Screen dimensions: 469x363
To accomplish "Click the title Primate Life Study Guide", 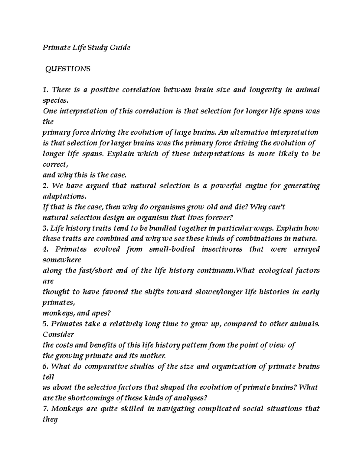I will [x=86, y=48].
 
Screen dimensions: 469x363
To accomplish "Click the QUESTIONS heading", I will [x=67, y=69].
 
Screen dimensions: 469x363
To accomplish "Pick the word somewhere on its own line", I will [x=62, y=260].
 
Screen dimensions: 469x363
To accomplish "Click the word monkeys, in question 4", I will [x=57, y=313].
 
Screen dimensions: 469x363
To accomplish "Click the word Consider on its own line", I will [x=58, y=335].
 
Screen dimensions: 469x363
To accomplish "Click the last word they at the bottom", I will [x=50, y=420].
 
